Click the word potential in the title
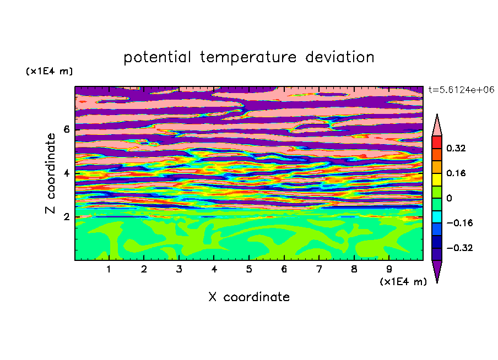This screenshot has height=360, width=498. tap(157, 58)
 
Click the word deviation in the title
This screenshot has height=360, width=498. tap(340, 57)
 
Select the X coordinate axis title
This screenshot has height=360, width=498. tap(249, 297)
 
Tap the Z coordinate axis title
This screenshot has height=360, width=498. tap(50, 173)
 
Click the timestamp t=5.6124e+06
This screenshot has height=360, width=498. tap(462, 90)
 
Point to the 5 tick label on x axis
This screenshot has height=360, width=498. tap(249, 269)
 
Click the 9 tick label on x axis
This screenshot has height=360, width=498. tap(389, 269)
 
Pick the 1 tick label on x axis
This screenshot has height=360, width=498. tap(109, 269)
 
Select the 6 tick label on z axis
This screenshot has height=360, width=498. tap(66, 129)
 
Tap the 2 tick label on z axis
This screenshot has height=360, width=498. tap(66, 217)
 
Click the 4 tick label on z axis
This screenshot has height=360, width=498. tap(66, 173)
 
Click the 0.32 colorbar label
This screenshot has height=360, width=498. tap(456, 148)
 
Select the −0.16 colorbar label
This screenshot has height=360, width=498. tap(459, 223)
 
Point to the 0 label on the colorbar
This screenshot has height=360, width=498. tap(449, 198)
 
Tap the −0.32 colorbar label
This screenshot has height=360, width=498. tap(459, 248)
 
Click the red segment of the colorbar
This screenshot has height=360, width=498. tap(437, 142)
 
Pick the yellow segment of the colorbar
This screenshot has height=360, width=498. tap(437, 179)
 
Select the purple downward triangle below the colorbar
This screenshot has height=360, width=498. tap(437, 270)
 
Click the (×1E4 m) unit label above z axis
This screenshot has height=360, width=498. tap(49, 71)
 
